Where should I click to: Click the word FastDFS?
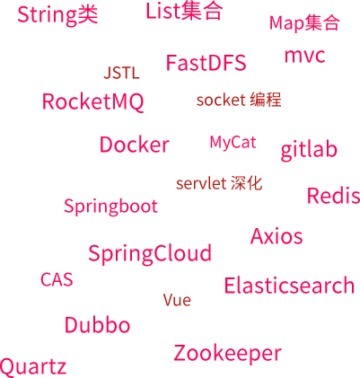coord(206,63)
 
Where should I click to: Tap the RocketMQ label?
coord(92,102)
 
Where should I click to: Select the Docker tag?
coord(135,145)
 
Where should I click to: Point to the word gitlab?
coord(309,151)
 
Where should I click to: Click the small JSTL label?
coord(121,73)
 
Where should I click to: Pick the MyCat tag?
coord(233,143)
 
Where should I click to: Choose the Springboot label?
coord(110,207)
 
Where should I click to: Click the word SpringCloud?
coord(150,254)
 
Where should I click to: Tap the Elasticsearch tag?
coord(289,286)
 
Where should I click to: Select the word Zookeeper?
coord(227,354)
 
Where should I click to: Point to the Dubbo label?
coord(98,325)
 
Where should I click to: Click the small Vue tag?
coord(177,300)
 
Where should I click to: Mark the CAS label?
coord(57,279)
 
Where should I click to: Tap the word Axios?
coord(277,236)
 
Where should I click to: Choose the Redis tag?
coord(334,196)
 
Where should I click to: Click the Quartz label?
coord(33,367)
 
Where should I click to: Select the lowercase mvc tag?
coord(304,56)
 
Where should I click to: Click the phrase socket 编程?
coord(239,100)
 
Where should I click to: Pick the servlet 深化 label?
coord(219,183)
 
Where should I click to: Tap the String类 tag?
coord(57,14)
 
